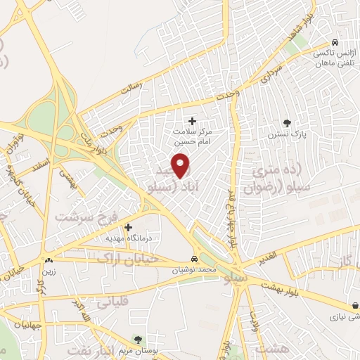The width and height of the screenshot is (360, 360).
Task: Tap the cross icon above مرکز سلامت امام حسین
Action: pyautogui.click(x=192, y=121)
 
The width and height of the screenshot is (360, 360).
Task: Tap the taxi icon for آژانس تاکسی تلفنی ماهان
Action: pyautogui.click(x=335, y=41)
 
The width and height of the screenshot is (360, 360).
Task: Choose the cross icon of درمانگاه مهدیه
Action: pyautogui.click(x=128, y=227)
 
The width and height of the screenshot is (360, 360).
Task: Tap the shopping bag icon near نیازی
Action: pyautogui.click(x=356, y=307)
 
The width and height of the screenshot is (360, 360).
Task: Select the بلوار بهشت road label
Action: pyautogui.click(x=281, y=288)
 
